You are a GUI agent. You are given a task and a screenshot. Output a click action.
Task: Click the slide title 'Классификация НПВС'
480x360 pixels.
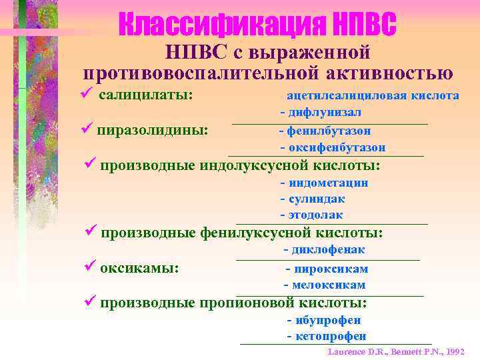point(257,25)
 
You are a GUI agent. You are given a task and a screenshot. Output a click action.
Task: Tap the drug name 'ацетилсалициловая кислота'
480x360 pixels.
point(373,96)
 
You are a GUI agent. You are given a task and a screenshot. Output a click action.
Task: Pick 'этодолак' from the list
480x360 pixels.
point(315,215)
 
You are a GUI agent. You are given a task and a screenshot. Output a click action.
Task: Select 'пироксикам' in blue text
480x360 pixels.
point(331,269)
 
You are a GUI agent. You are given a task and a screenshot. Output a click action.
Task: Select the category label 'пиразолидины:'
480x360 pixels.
point(152,129)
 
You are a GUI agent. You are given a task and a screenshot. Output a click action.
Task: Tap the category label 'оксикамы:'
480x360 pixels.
point(139,268)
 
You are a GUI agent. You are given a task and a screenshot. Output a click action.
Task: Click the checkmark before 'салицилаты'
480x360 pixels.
point(85,95)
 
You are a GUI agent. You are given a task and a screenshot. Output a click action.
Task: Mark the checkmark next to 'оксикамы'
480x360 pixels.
point(91,267)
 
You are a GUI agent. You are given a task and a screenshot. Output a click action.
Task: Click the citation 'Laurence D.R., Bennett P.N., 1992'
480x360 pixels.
point(396,351)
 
